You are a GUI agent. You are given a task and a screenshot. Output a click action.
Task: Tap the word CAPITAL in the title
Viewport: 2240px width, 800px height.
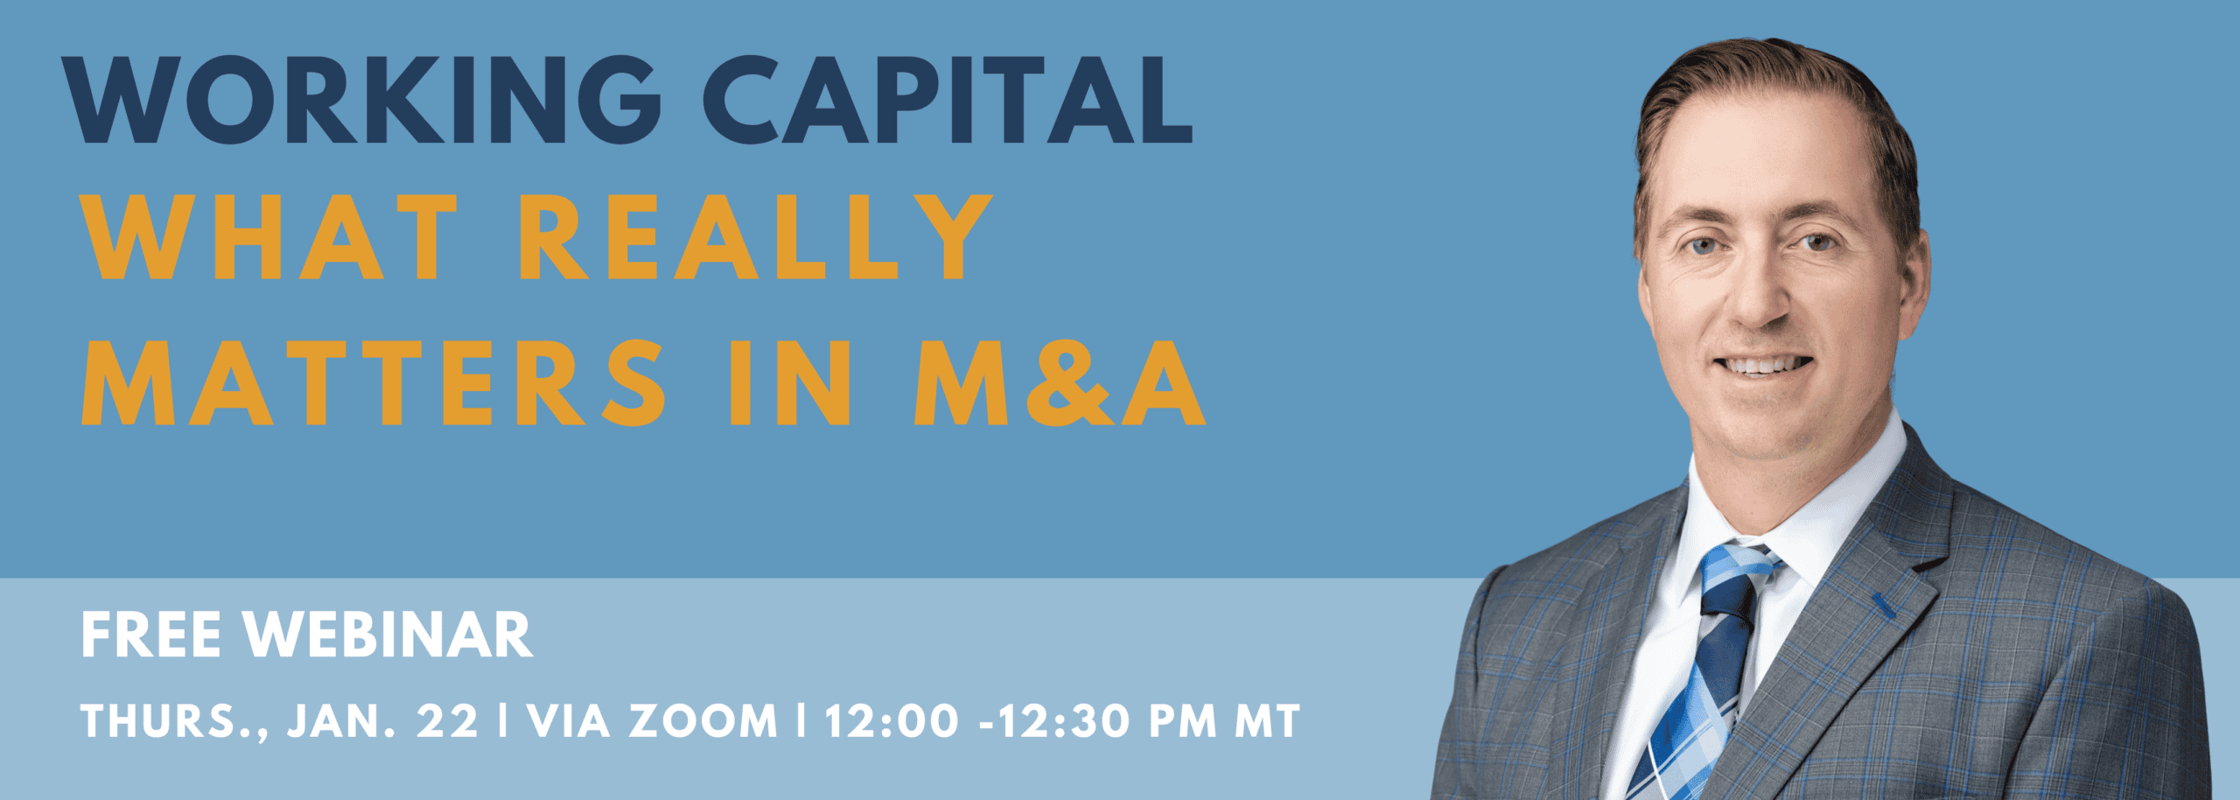click(948, 100)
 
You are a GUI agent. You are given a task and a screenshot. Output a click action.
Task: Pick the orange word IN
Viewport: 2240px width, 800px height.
click(790, 382)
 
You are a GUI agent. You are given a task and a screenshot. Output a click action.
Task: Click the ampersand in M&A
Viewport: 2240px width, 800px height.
click(1070, 382)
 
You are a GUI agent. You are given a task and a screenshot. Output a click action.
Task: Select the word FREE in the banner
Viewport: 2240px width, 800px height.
click(150, 635)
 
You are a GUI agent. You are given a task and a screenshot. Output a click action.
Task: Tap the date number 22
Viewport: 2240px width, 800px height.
click(448, 722)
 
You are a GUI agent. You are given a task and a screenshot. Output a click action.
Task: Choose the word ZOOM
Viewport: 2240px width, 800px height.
click(703, 722)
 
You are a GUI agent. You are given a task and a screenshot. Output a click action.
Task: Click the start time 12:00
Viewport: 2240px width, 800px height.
click(892, 722)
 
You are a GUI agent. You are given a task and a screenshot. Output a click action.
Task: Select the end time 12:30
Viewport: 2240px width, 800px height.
click(1067, 722)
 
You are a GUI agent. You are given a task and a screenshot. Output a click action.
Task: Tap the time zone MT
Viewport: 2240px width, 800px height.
click(1267, 722)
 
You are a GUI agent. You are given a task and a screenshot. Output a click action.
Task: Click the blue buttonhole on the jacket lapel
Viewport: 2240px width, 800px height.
click(1883, 606)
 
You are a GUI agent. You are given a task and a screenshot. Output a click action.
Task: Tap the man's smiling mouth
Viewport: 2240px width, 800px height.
click(1763, 365)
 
